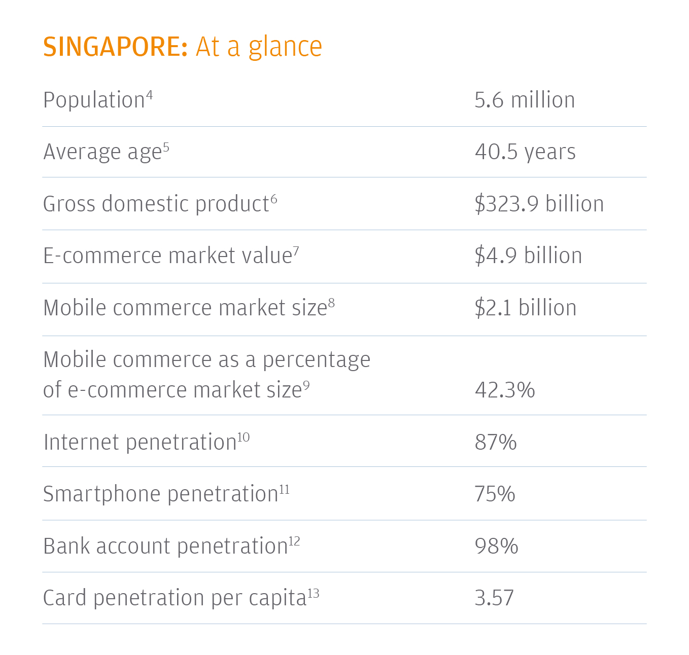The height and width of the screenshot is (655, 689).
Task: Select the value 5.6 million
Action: [x=525, y=100]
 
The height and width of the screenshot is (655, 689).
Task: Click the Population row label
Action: [x=94, y=100]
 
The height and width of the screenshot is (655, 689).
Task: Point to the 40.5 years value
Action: [x=525, y=152]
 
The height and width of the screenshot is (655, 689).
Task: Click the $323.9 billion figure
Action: [x=539, y=204]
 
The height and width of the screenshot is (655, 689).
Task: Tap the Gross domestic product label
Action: [x=156, y=204]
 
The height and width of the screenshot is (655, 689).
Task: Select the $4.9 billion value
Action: [x=528, y=256]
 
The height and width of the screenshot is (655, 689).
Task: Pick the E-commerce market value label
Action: [x=167, y=256]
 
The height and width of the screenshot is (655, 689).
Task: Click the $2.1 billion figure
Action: [x=526, y=308]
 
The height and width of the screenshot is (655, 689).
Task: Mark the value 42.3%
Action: [x=505, y=390]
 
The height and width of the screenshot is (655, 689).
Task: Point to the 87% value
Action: [x=496, y=443]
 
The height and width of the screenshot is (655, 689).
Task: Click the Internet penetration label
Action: [x=140, y=443]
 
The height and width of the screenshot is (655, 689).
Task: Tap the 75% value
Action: [x=495, y=494]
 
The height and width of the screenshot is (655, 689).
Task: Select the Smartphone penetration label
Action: [x=160, y=494]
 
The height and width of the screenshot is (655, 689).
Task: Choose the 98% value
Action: [x=496, y=547]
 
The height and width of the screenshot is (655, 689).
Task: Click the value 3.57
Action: [x=494, y=598]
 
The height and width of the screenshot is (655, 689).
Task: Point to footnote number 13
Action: [x=314, y=593]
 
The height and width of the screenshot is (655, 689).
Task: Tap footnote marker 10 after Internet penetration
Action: [x=244, y=437]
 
